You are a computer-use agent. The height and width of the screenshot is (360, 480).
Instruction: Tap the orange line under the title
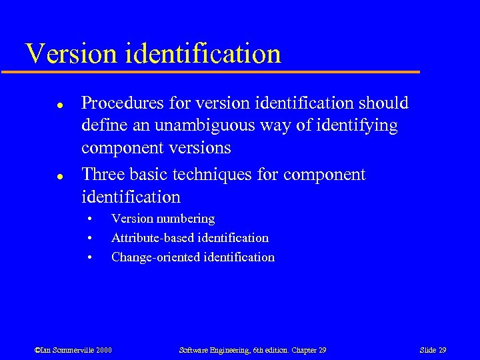(220, 71)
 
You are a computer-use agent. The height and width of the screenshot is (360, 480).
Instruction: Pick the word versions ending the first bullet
(200, 147)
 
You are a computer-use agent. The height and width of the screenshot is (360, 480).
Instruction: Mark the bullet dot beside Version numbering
(87, 219)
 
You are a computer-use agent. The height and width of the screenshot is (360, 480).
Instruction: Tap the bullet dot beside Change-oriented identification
(87, 258)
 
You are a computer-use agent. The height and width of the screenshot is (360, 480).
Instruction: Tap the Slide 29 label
(433, 350)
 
